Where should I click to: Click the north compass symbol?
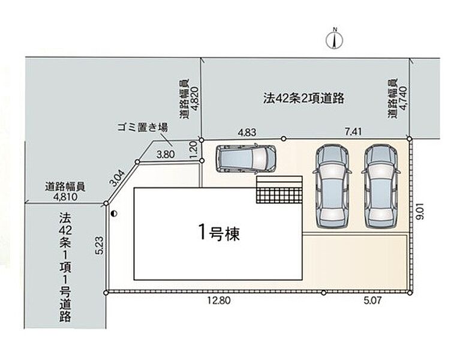(335, 40)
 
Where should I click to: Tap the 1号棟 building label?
(219, 233)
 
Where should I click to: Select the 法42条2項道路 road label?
(303, 98)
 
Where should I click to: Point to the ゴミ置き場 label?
(143, 128)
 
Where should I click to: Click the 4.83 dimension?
(247, 133)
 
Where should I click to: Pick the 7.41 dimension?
(353, 131)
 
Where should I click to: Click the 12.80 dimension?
(219, 301)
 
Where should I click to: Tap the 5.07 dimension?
(372, 301)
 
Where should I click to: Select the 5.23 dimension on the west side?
(101, 245)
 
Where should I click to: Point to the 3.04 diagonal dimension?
(117, 179)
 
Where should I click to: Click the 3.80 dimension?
(166, 154)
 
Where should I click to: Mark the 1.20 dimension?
(194, 149)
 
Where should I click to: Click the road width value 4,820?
(194, 99)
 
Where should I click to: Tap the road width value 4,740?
(403, 98)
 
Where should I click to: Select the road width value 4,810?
(65, 197)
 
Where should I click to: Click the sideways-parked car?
(246, 158)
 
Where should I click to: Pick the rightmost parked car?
(381, 186)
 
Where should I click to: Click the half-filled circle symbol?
(114, 214)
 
